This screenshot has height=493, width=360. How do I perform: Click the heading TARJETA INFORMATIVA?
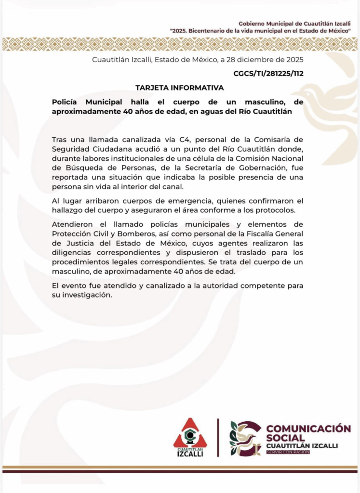(179, 88)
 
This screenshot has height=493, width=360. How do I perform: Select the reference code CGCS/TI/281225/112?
(268, 73)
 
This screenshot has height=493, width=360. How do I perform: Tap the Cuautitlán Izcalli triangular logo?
(190, 437)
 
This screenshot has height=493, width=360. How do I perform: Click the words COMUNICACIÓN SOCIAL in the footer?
(307, 432)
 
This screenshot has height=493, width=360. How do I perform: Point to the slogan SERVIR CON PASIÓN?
(288, 452)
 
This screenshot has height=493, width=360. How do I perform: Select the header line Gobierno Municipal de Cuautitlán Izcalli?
(294, 24)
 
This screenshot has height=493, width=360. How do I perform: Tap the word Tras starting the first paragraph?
(59, 140)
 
